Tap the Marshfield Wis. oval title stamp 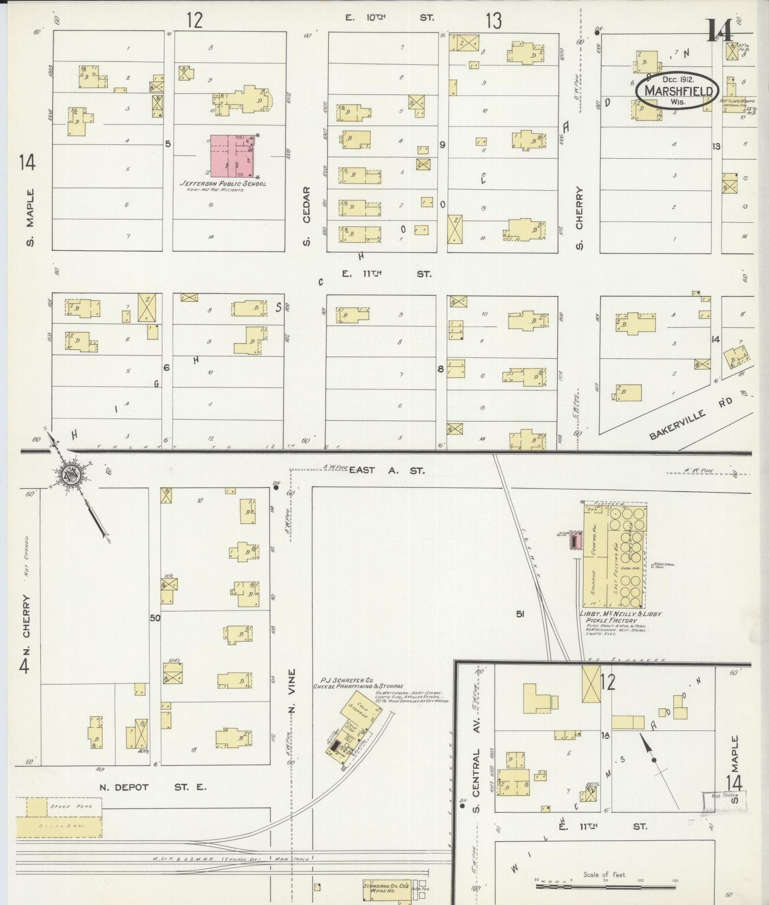(677, 91)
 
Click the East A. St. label (386, 470)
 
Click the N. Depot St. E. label (153, 787)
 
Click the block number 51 (520, 613)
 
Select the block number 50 (155, 618)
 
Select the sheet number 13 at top (493, 21)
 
